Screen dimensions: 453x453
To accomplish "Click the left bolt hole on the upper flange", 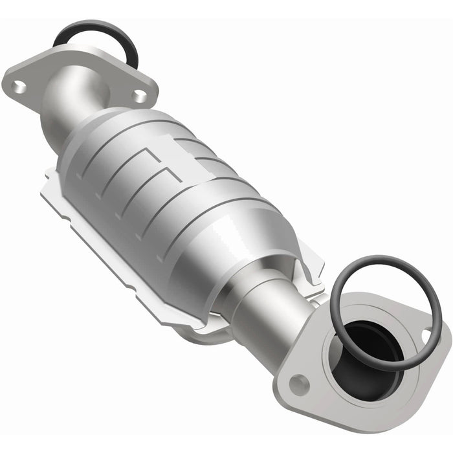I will (x=20, y=84).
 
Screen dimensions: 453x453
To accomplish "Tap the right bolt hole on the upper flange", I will (x=138, y=95).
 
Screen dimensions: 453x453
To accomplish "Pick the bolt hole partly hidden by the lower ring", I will (x=426, y=335).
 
